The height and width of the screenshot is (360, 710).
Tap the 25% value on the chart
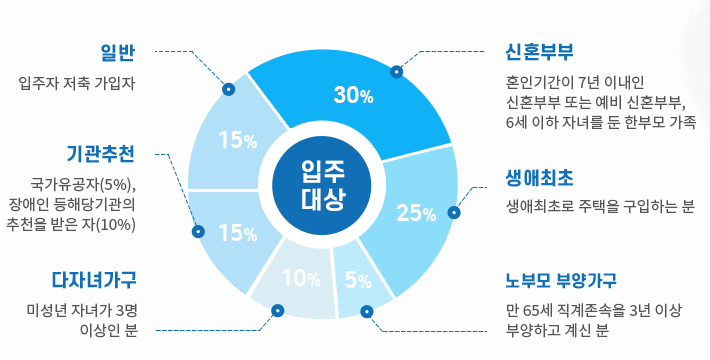(416, 212)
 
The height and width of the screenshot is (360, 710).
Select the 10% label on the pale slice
(301, 277)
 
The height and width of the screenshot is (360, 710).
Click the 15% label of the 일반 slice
(237, 141)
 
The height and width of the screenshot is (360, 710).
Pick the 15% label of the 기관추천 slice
(237, 233)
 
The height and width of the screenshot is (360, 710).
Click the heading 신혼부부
(540, 52)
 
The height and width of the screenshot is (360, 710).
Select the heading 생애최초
(540, 178)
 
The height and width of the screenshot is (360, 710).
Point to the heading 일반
(117, 52)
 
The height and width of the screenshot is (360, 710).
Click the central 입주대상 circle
(323, 185)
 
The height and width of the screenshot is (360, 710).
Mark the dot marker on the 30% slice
(396, 72)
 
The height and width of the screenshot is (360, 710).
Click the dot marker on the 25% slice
(454, 212)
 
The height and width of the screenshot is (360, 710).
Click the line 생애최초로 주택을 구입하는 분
(600, 207)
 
